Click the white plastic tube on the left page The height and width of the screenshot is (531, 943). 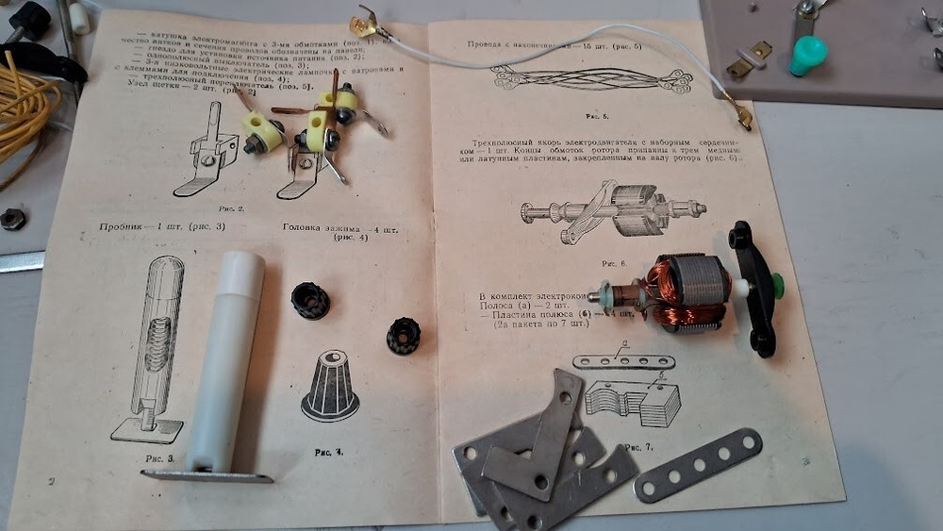coord(230,358)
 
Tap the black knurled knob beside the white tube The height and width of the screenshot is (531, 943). coord(310,301)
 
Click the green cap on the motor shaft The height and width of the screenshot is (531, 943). coord(778,284)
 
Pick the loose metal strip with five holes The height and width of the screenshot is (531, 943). coord(698,464)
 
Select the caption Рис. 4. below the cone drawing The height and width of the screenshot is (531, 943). coord(329,452)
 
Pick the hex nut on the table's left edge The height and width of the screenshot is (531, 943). coord(12,219)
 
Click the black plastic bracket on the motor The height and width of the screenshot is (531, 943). coord(754,288)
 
